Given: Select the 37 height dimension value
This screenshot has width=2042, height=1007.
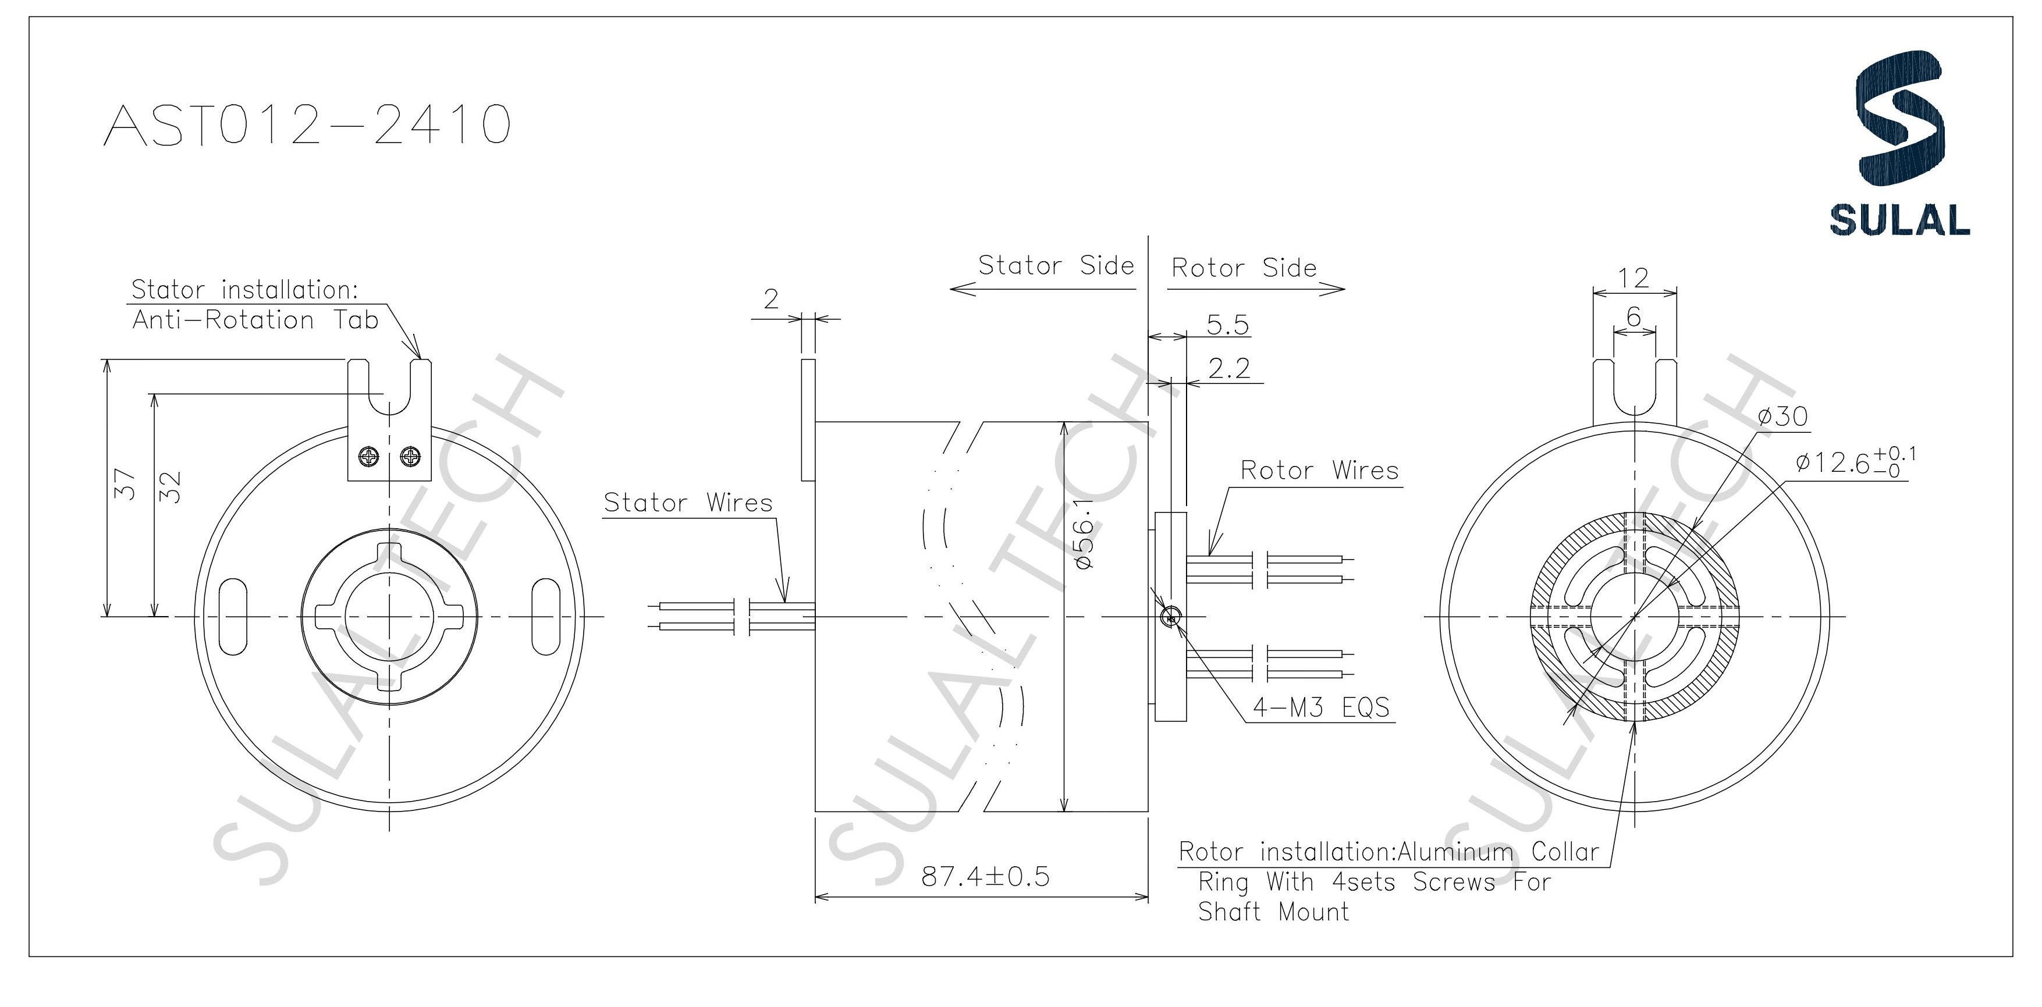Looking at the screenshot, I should (x=125, y=484).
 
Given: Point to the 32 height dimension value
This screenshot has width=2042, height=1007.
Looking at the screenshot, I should (x=171, y=488).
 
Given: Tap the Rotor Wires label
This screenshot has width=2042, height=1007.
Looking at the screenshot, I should (x=1319, y=471).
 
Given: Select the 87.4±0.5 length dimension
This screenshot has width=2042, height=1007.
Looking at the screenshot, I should (x=985, y=876).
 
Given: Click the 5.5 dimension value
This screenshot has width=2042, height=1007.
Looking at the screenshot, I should (x=1227, y=325).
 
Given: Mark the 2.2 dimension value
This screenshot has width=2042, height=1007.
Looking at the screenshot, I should (x=1228, y=368).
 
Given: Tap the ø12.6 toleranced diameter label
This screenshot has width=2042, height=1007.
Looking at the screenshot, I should (x=1855, y=462).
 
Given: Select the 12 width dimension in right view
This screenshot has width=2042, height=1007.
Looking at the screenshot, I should (x=1633, y=278).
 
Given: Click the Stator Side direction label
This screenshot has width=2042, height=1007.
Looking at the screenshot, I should (x=1056, y=265).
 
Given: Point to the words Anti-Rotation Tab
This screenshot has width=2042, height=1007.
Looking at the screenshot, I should (x=255, y=320).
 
